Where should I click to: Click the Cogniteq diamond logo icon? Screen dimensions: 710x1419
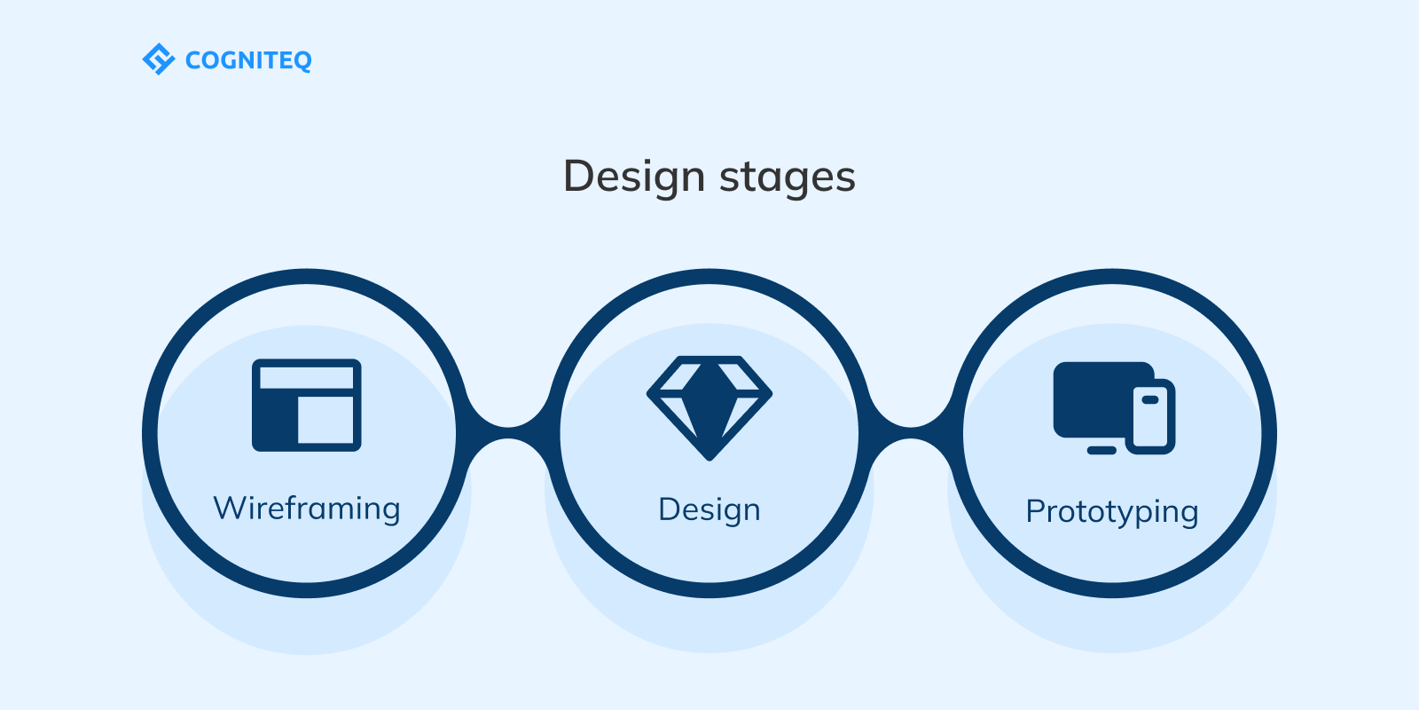tap(158, 59)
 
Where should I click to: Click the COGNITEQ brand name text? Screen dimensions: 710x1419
tap(248, 60)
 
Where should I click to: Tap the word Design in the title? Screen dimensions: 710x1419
tap(633, 176)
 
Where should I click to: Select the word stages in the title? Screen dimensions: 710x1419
tap(788, 177)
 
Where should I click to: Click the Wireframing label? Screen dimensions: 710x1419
tap(307, 509)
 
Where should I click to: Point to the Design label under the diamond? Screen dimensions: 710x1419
tap(709, 509)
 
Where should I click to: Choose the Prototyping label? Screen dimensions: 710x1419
tap(1112, 511)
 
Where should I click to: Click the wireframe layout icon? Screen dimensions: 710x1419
tap(307, 405)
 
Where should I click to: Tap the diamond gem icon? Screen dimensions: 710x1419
tap(709, 406)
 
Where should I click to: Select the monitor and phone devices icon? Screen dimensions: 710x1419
tap(1114, 408)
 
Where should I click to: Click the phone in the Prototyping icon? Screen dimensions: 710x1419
tap(1151, 417)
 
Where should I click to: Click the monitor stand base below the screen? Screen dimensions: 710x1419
tap(1101, 451)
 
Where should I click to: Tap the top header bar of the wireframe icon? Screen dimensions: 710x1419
tap(307, 377)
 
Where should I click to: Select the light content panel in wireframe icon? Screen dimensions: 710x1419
tap(325, 419)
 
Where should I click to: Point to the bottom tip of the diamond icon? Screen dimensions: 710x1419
tap(709, 455)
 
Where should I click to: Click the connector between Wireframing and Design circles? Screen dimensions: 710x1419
tap(508, 433)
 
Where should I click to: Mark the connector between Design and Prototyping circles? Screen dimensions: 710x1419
tap(911, 433)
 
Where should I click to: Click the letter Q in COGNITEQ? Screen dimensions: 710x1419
tap(302, 61)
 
